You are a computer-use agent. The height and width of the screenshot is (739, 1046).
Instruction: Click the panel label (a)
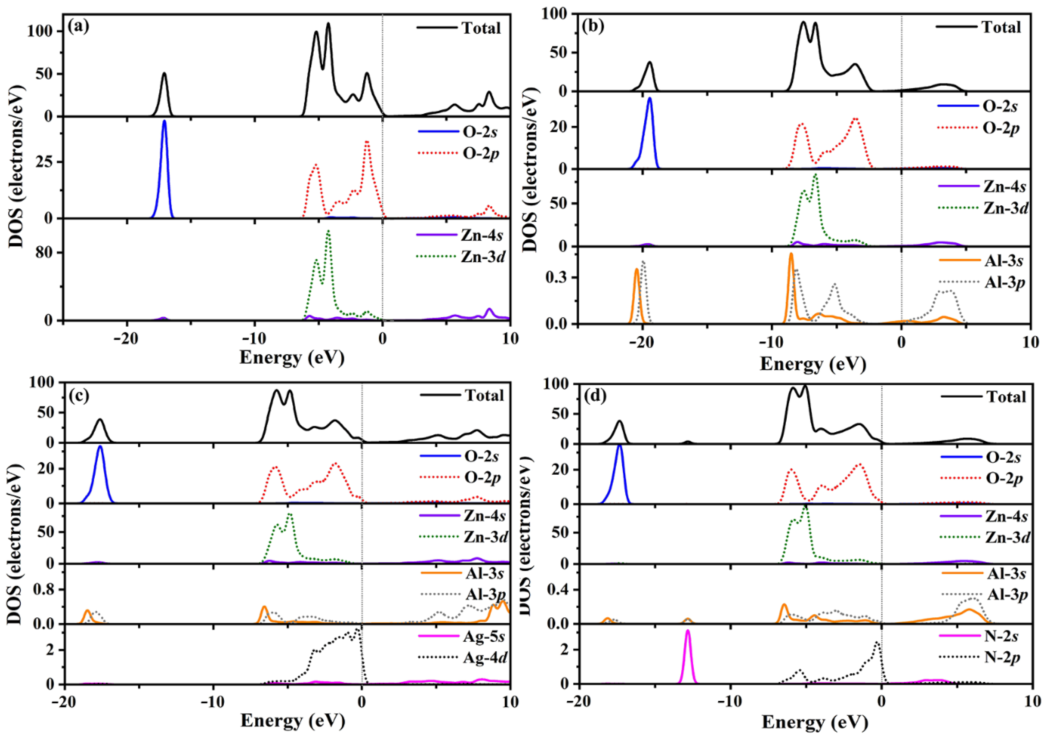[x=78, y=26]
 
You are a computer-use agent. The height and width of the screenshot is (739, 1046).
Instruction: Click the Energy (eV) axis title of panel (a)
[x=292, y=358]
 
